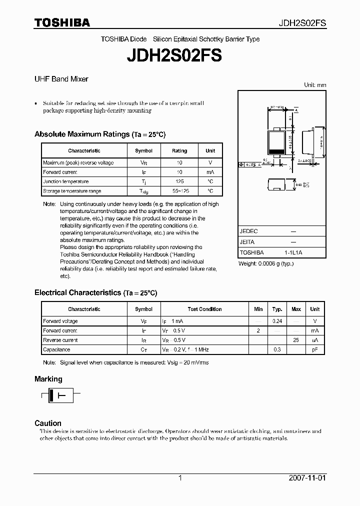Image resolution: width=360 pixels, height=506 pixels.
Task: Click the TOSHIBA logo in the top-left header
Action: click(62, 22)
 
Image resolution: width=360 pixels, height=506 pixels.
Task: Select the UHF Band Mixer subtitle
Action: click(61, 79)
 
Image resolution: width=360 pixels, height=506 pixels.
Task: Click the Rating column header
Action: click(179, 150)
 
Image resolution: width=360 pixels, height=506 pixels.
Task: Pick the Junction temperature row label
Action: click(65, 181)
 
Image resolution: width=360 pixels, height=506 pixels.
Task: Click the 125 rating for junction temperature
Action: click(179, 181)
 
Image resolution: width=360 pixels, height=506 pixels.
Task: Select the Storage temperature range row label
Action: click(72, 191)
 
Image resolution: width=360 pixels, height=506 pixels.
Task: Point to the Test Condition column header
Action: click(204, 309)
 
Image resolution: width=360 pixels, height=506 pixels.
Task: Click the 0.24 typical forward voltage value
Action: click(276, 321)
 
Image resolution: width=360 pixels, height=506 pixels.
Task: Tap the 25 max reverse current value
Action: click(296, 340)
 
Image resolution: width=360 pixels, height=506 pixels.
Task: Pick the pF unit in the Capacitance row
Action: click(315, 349)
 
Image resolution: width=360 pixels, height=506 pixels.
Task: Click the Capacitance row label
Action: click(56, 349)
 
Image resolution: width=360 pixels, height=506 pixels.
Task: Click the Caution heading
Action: click(48, 423)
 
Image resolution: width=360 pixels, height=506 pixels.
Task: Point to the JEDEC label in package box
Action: click(248, 231)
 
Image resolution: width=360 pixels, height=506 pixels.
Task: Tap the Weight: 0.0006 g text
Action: click(265, 263)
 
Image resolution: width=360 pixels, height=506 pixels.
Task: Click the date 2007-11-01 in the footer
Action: click(307, 478)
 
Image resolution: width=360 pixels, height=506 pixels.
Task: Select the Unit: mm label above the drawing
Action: click(315, 85)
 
